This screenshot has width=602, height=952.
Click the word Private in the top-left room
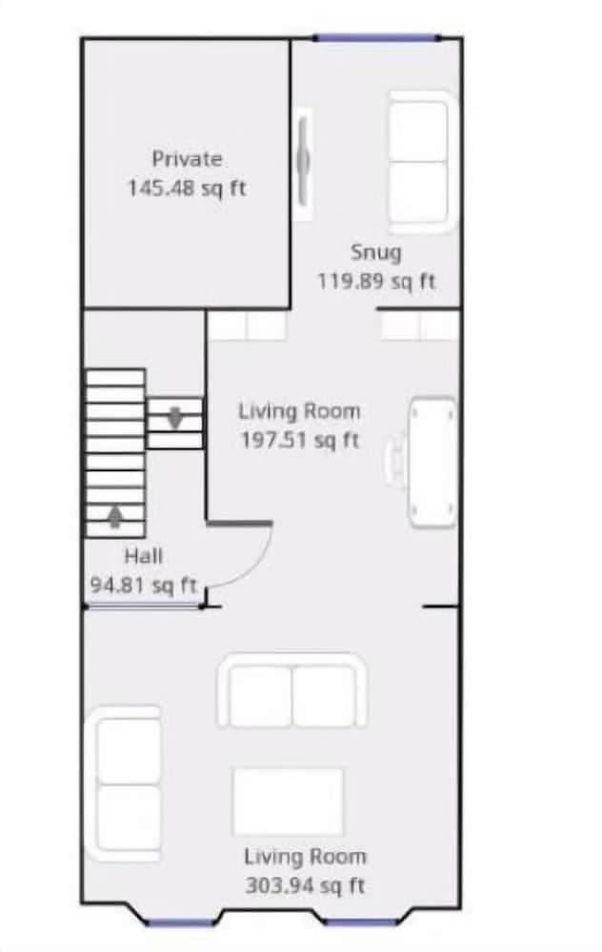pos(187,159)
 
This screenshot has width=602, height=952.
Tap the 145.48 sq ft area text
pos(187,188)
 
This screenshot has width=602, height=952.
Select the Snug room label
pos(376,252)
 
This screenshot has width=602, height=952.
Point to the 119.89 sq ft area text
pos(376,282)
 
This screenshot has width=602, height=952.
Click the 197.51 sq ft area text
pos(299,440)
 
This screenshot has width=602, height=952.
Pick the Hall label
pos(142,556)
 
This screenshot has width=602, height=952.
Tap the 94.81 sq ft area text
pos(143,585)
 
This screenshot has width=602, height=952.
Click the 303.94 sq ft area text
pos(305,885)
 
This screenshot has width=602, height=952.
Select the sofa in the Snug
pos(422,162)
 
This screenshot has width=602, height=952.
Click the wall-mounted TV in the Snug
pos(303,163)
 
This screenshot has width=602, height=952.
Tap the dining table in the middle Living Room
pos(432,462)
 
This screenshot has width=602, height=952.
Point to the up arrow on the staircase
pos(115,516)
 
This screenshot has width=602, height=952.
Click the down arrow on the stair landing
pos(175,417)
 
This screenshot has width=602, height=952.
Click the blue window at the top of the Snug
pos(376,38)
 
